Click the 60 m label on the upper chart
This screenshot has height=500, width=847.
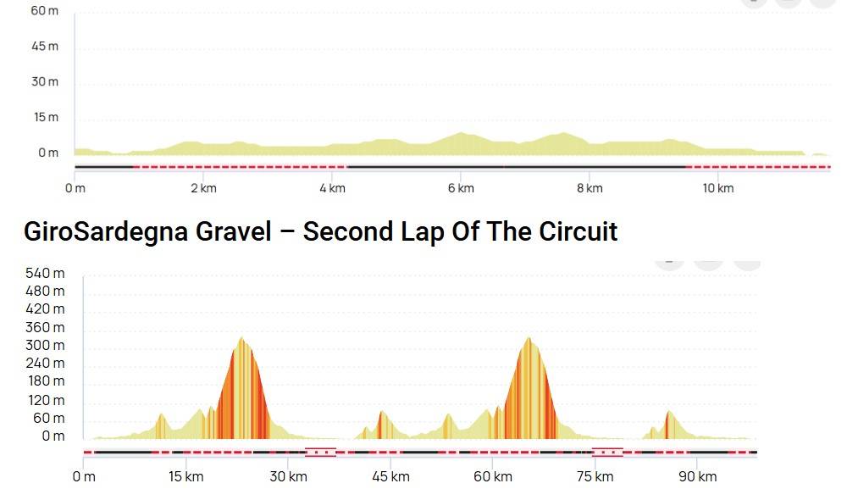[x=45, y=10]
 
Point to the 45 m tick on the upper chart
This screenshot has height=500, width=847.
[x=45, y=46]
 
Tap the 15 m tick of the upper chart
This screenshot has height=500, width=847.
[x=45, y=117]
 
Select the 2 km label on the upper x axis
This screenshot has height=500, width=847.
[x=203, y=188]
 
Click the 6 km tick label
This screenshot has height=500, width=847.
[x=461, y=188]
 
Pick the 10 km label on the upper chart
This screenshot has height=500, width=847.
[x=718, y=188]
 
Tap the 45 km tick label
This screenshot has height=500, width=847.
[x=390, y=476]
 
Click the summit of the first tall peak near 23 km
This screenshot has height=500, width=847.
[x=242, y=338]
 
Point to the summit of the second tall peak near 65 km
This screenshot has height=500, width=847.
[x=529, y=338]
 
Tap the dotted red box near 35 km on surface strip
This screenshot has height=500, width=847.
[x=320, y=453]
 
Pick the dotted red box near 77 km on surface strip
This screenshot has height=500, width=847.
[x=607, y=453]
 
